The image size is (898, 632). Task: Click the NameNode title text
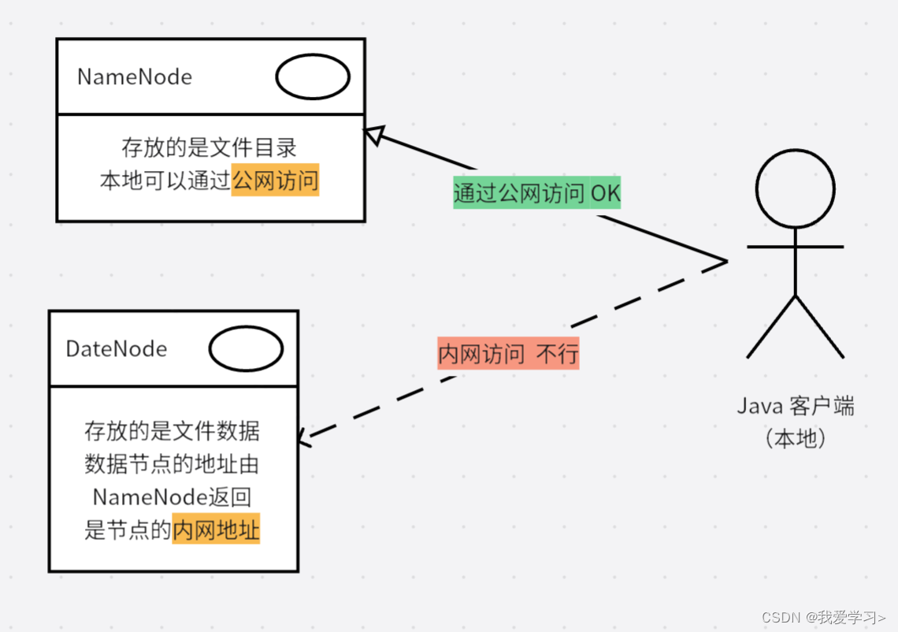pos(135,77)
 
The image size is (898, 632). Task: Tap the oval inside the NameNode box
pos(313,77)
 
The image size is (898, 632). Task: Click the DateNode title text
pos(117,348)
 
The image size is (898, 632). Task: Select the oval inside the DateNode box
pos(246,349)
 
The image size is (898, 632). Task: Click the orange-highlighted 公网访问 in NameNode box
pos(276,181)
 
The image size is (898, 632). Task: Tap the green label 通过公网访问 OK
pos(536,193)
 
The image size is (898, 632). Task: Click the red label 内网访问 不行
pos(508,354)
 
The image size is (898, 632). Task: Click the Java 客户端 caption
pos(796,407)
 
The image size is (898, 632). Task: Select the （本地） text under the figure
pos(796,438)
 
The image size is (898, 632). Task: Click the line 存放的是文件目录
pos(210,147)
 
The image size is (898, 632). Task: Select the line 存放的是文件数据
pos(172,431)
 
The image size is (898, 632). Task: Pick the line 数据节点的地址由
pos(172,464)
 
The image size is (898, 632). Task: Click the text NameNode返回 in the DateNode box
pos(172,497)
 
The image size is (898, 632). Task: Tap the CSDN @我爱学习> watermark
pos(826,616)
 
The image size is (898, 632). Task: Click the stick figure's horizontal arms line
pos(796,247)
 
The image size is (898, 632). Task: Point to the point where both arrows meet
pos(725,261)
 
